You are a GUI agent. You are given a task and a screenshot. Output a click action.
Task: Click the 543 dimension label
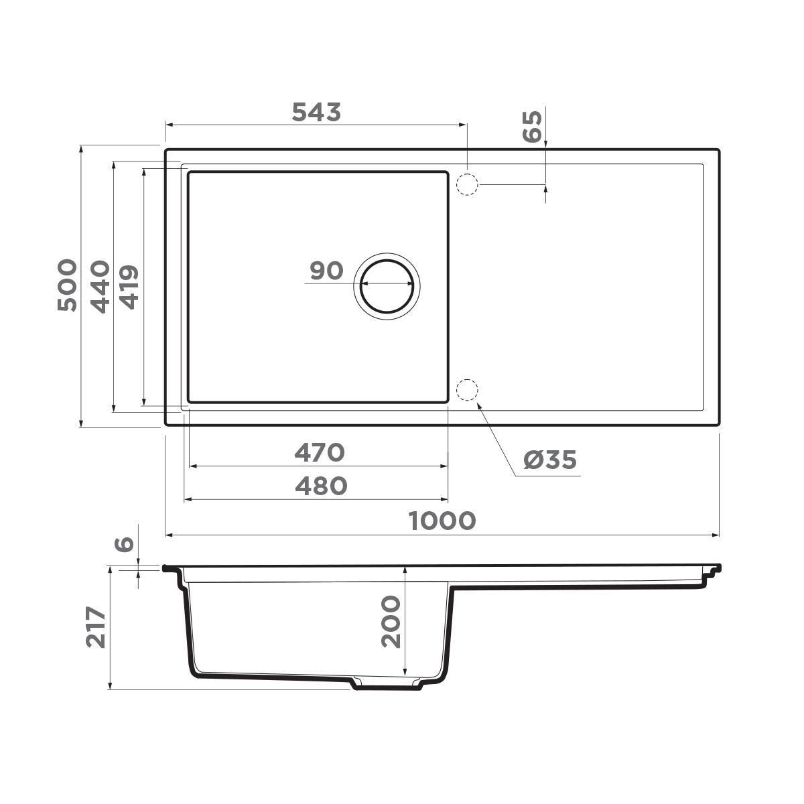[x=316, y=113]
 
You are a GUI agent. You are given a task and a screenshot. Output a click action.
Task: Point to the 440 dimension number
[x=100, y=286]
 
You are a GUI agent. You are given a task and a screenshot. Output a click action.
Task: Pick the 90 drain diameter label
[x=326, y=271]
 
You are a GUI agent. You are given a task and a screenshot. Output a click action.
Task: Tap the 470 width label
[x=320, y=453]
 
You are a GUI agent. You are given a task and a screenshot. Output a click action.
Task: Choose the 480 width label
[x=321, y=486]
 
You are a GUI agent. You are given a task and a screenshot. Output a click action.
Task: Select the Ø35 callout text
[x=549, y=460]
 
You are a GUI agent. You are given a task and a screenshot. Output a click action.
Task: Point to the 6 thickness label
[x=125, y=544]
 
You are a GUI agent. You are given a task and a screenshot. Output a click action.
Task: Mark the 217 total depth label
[x=96, y=627]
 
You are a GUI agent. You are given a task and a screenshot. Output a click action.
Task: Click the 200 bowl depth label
[x=391, y=622]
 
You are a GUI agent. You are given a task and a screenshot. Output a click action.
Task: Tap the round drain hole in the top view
[x=387, y=284]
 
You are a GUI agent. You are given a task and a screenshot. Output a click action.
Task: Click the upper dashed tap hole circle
[x=466, y=184]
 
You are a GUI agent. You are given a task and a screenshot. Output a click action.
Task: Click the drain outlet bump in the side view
[x=387, y=684]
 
